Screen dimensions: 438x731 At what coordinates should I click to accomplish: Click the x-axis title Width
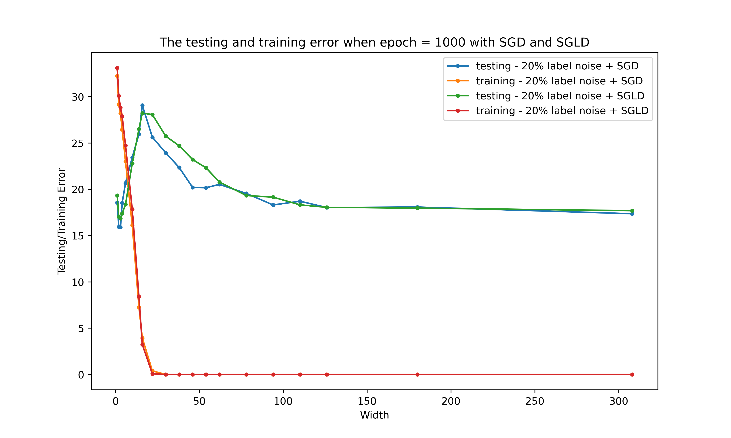tap(374, 415)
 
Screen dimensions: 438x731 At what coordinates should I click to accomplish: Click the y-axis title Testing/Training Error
tap(61, 221)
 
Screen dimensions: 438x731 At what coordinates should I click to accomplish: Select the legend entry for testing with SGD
tap(557, 66)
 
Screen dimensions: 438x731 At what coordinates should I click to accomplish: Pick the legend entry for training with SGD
tap(559, 81)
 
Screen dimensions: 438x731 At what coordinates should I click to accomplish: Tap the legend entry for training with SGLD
tap(562, 111)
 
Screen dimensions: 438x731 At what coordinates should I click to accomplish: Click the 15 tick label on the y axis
tap(78, 236)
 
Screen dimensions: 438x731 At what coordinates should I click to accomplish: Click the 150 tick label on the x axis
tap(367, 401)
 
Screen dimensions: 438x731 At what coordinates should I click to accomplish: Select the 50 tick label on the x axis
tap(199, 401)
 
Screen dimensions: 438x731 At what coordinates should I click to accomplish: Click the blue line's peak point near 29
tap(142, 105)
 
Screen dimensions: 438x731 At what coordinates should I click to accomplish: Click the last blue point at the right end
tap(632, 214)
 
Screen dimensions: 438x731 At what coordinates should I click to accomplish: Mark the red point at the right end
tap(632, 374)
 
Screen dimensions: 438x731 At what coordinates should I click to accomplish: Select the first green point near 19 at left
tap(117, 195)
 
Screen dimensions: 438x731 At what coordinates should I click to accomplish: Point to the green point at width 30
tap(166, 136)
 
